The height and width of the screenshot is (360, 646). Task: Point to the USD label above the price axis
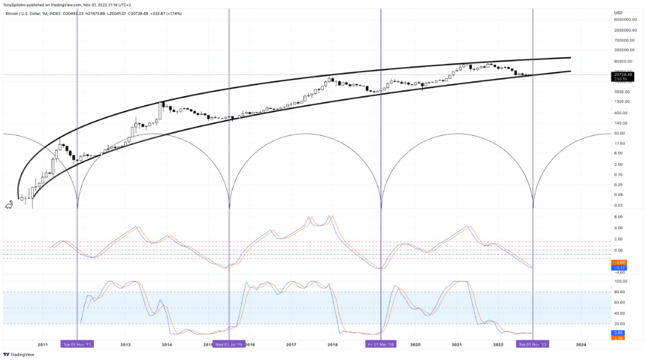[x=617, y=13]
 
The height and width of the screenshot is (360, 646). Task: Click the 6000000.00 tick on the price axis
[x=626, y=20]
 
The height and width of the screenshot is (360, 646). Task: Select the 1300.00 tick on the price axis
[x=621, y=101]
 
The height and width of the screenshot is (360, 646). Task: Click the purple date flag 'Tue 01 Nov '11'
[x=77, y=344]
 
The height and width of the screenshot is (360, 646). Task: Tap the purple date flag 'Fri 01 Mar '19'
[x=380, y=344]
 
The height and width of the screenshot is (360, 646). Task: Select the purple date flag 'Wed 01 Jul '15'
[x=228, y=344]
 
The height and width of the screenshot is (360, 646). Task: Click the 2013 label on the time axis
[x=125, y=344]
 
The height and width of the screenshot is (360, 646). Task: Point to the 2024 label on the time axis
[x=581, y=344]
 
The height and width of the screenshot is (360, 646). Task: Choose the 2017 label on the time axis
[x=291, y=344]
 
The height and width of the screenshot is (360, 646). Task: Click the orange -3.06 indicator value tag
[x=620, y=262]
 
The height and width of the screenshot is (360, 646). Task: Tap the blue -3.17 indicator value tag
[x=620, y=268]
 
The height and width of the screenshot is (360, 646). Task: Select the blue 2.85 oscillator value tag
[x=620, y=332]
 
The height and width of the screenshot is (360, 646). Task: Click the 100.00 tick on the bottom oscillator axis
[x=620, y=281]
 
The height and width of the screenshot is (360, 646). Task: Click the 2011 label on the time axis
[x=42, y=344]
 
